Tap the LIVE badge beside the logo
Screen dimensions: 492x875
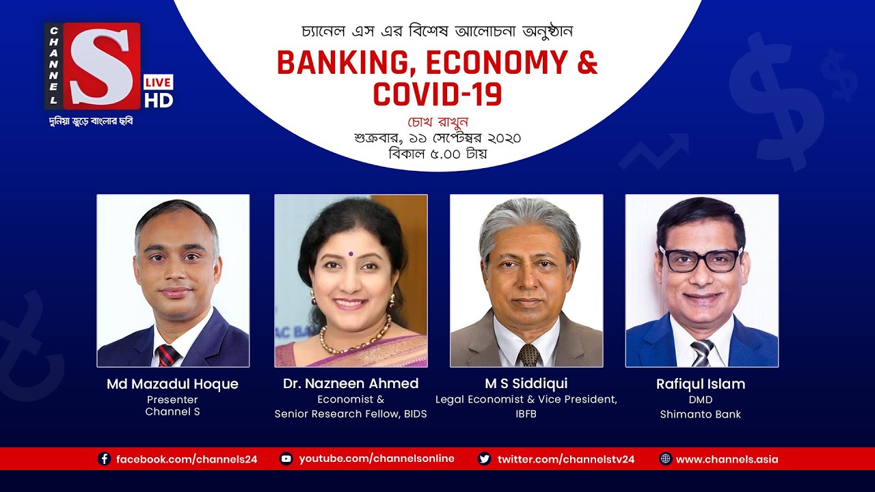click(x=158, y=83)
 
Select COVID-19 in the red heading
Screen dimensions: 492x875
click(x=437, y=94)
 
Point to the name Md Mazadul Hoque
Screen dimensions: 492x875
click(x=172, y=384)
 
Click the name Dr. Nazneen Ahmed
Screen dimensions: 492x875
click(x=351, y=383)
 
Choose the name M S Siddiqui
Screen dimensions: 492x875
click(x=526, y=383)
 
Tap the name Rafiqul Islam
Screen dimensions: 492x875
click(x=701, y=384)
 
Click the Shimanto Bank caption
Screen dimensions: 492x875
click(x=701, y=414)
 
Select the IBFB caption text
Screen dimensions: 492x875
click(x=526, y=414)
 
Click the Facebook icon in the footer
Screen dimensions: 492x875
click(x=105, y=459)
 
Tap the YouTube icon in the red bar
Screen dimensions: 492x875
click(x=286, y=459)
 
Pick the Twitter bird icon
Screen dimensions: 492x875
click(x=485, y=459)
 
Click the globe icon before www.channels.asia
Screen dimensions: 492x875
click(x=665, y=459)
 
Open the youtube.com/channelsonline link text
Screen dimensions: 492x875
click(x=377, y=459)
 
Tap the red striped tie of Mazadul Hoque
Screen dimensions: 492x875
click(x=167, y=355)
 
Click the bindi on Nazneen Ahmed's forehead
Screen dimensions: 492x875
click(x=351, y=253)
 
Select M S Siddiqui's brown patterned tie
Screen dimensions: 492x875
click(x=527, y=355)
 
